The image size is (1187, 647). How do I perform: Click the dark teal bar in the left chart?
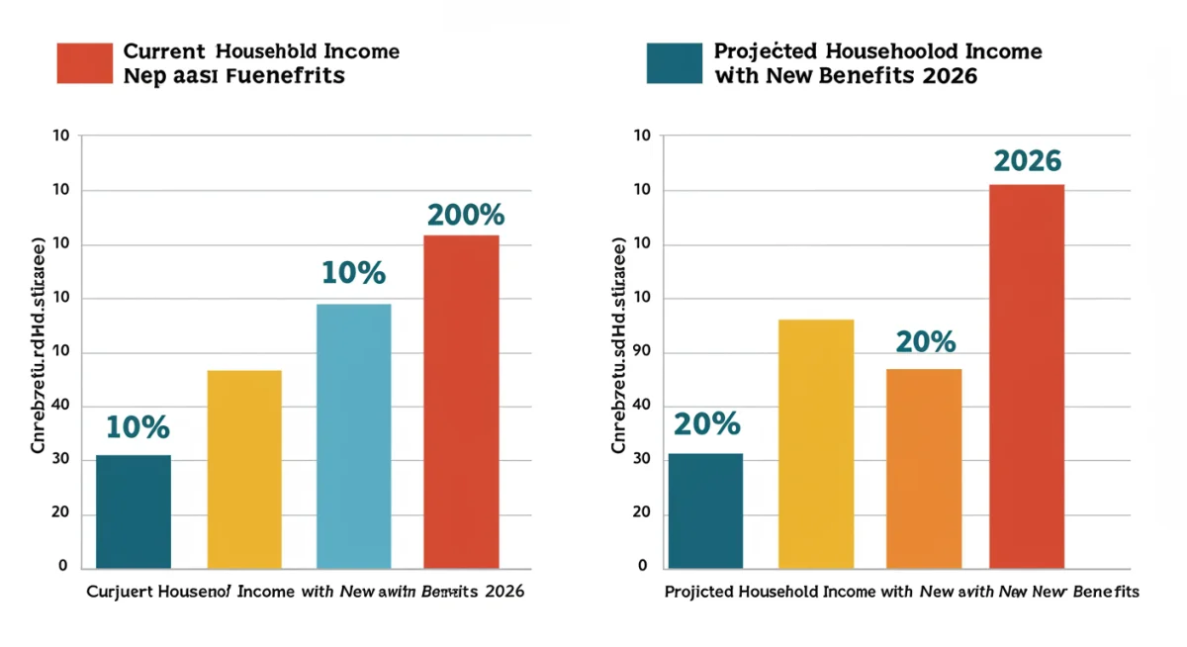click(134, 511)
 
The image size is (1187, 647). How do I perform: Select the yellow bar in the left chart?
click(244, 469)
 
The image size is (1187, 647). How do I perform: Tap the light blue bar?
click(353, 435)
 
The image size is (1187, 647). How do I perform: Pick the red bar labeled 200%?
click(461, 401)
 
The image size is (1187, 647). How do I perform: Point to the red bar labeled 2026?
click(1027, 376)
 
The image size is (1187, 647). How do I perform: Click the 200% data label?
click(466, 215)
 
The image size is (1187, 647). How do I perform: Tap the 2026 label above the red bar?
click(1027, 161)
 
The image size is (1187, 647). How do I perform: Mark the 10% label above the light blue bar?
click(353, 274)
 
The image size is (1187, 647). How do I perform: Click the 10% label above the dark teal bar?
click(137, 427)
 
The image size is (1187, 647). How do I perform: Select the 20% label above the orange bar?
click(926, 342)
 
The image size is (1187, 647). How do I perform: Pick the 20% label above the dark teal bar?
click(707, 424)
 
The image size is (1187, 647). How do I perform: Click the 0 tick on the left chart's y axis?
click(62, 566)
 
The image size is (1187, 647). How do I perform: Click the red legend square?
click(85, 62)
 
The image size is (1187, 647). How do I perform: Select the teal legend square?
click(674, 62)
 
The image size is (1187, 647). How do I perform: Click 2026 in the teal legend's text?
click(947, 75)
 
